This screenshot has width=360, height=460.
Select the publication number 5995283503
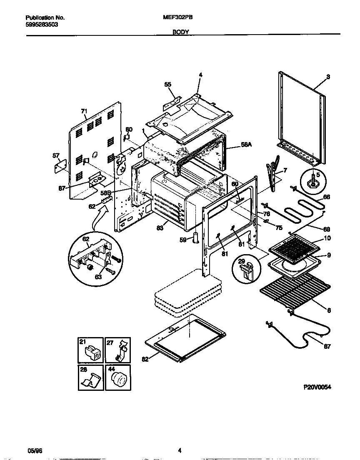tap(42, 25)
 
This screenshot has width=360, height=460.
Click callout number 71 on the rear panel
tap(84, 111)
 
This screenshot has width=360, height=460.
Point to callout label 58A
tap(246, 144)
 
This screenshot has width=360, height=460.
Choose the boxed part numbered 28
tap(90, 377)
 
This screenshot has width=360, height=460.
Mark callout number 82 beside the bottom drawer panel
tap(145, 359)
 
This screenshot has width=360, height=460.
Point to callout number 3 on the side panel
tap(328, 77)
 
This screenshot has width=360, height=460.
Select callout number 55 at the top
tap(168, 84)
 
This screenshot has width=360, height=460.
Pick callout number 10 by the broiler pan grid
tap(328, 239)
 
